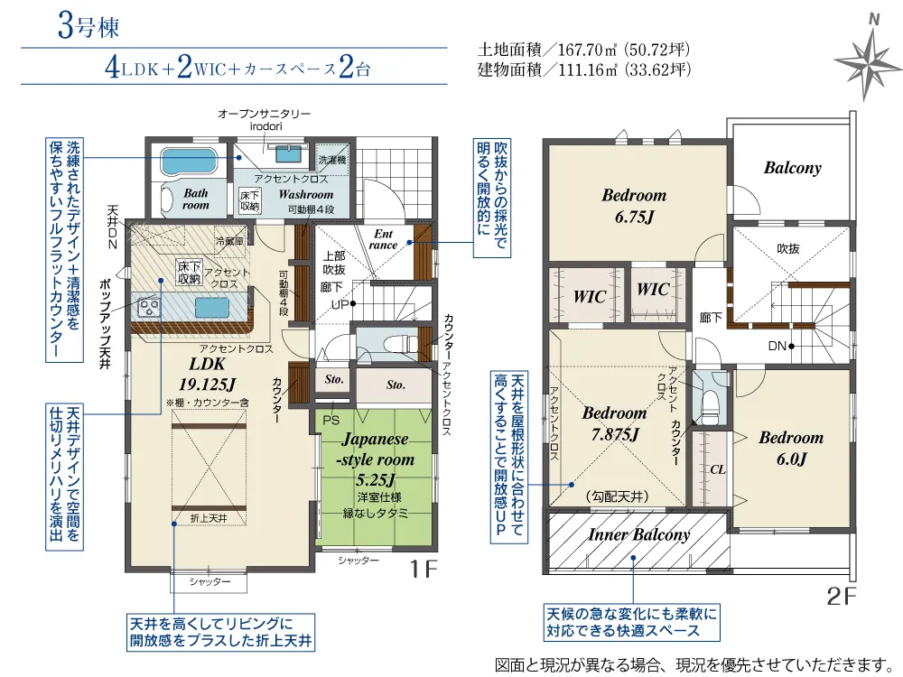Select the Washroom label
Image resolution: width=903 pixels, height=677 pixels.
305,195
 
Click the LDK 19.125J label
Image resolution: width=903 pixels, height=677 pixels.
207,374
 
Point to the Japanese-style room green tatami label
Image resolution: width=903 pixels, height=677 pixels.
376,459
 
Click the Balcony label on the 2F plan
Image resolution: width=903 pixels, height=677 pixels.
793,168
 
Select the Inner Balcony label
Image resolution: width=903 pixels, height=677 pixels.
638,534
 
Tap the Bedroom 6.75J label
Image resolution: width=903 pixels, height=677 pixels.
634,206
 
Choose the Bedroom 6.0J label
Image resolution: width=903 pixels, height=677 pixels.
791,448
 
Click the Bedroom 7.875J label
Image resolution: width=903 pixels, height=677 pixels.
614,423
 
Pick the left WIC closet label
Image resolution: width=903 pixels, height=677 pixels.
589,297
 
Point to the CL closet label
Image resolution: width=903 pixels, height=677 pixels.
718,469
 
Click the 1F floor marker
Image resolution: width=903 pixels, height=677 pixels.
424,570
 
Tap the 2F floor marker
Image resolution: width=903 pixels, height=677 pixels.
842,597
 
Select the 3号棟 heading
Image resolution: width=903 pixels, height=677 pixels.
88,27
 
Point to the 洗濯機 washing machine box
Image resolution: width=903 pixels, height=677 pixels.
333,160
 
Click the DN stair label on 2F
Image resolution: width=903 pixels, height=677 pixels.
777,346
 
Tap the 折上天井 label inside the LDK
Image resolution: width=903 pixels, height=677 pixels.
209,519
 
